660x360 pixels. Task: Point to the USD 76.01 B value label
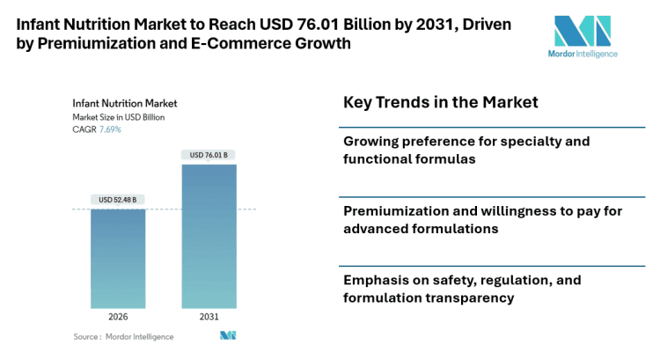coord(209,155)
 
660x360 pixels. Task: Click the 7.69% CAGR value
coord(110,129)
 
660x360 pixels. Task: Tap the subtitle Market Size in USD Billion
coord(119,116)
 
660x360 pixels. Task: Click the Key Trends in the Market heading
coord(440,103)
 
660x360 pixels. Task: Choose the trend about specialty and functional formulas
coord(466,150)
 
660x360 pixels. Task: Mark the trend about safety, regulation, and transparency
coord(462,289)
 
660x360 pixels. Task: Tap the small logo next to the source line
coord(228,336)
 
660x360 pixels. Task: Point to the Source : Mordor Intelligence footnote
coord(123,337)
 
